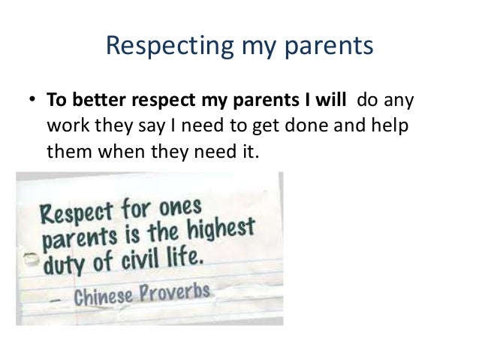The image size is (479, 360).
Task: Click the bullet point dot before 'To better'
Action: [32, 100]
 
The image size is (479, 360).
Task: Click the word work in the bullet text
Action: [66, 126]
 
